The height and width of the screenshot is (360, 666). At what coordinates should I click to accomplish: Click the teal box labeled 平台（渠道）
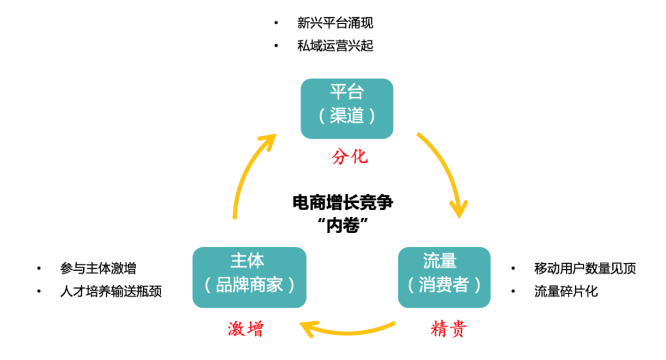(x=347, y=108)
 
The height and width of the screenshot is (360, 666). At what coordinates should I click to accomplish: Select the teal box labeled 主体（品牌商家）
(x=249, y=277)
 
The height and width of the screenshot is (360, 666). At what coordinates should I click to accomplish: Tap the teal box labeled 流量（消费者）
(x=444, y=277)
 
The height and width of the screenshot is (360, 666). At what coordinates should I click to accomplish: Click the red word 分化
(x=350, y=157)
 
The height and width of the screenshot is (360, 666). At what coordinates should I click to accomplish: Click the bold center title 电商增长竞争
(x=343, y=202)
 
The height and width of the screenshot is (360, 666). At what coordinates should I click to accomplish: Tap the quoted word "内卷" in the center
(x=343, y=225)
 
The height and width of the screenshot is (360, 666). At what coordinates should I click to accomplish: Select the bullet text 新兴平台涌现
(x=335, y=23)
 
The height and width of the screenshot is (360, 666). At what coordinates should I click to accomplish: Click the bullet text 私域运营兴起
(x=335, y=46)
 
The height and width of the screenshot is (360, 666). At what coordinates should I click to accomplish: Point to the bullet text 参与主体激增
(x=98, y=268)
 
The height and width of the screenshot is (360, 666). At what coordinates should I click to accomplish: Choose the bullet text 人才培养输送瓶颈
(x=111, y=291)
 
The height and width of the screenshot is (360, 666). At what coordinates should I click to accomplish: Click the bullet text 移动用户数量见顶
(x=585, y=268)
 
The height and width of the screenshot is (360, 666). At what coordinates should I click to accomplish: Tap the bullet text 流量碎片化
(x=565, y=291)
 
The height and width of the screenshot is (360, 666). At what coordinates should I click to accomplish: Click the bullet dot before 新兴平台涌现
(x=276, y=23)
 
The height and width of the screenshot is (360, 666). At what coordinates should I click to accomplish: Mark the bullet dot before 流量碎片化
(x=514, y=291)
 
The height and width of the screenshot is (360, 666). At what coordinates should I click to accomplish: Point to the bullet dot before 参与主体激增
(x=39, y=268)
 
